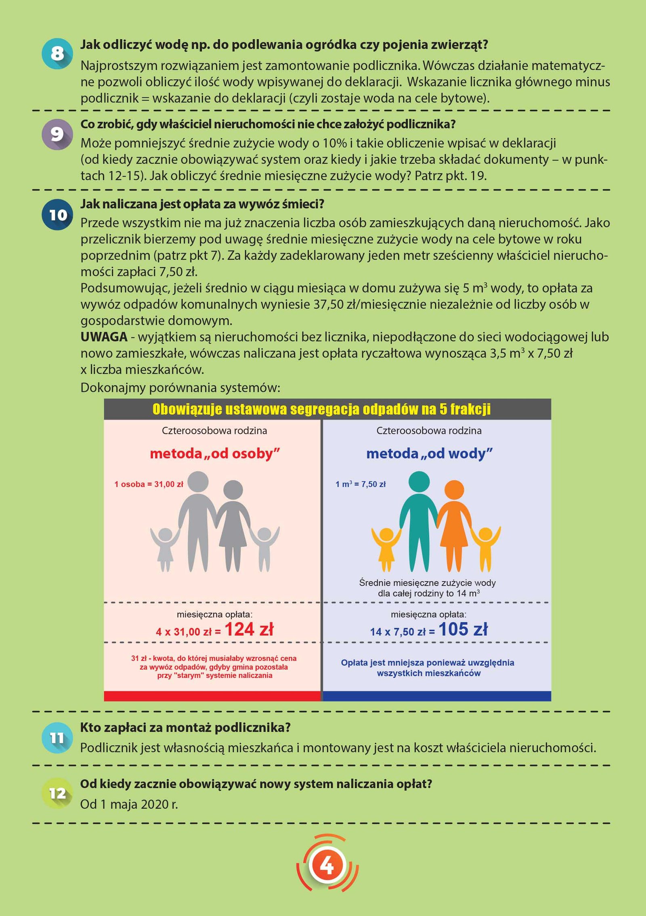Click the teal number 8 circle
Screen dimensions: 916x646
point(57,54)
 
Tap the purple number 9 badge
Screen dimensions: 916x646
point(57,134)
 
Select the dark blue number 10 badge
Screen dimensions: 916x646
point(57,215)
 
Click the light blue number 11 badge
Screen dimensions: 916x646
point(57,737)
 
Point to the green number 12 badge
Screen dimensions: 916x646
point(57,793)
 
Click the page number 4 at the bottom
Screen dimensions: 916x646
point(327,865)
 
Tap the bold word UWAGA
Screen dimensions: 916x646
point(104,337)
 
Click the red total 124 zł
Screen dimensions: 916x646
point(249,629)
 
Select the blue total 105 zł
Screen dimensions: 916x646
point(463,629)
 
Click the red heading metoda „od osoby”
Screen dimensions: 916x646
point(215,454)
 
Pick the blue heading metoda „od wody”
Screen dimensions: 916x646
point(429,454)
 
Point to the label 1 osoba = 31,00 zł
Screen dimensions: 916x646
point(149,484)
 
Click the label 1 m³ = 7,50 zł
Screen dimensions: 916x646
point(361,484)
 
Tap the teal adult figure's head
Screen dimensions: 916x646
point(419,481)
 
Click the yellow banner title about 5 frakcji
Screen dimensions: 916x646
point(321,409)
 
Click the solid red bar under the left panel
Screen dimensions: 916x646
point(212,696)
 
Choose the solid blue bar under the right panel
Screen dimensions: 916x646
point(437,696)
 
